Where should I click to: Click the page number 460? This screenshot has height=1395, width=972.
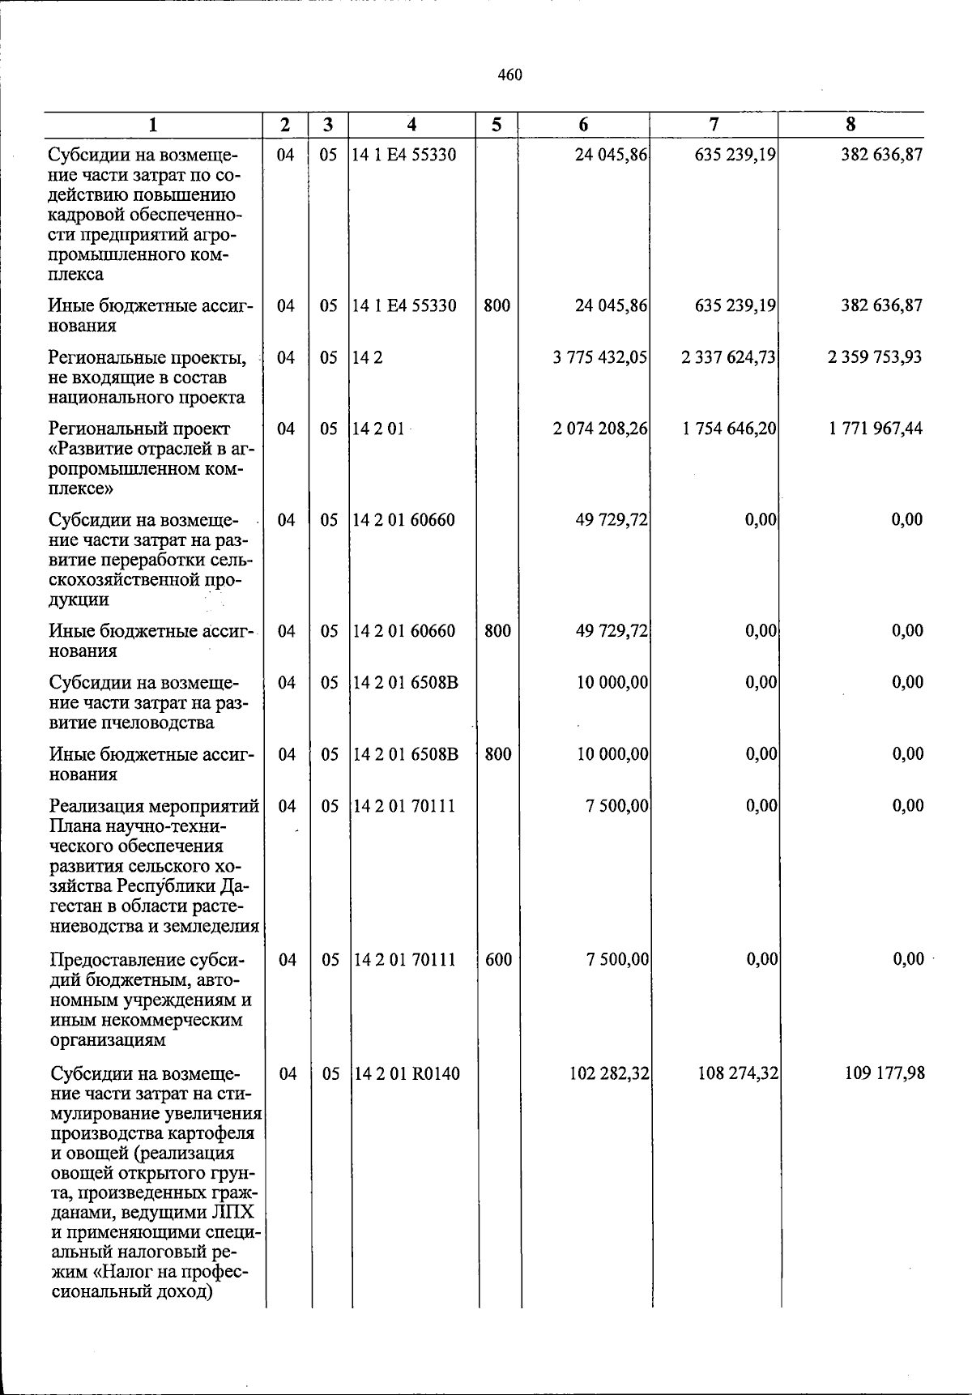(509, 75)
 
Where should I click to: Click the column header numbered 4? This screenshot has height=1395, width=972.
(412, 125)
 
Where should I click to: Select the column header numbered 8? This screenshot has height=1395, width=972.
(850, 125)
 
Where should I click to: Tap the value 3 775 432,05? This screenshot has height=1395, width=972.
(599, 357)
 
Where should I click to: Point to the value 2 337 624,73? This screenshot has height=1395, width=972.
(728, 357)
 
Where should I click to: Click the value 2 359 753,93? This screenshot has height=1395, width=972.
(874, 357)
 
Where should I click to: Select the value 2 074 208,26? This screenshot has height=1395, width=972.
(599, 429)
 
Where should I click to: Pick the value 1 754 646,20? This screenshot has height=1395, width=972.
(729, 429)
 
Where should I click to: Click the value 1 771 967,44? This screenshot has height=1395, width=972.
(875, 429)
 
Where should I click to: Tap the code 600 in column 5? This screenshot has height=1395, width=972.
(498, 960)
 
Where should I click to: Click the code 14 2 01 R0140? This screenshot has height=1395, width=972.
(407, 1074)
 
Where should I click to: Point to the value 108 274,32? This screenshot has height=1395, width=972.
(737, 1074)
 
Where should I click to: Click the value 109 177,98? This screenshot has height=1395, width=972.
(884, 1074)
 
